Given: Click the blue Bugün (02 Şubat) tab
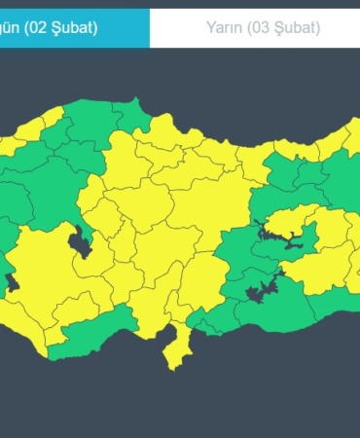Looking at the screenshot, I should (74, 27).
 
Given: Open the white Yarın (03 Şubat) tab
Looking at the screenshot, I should (255, 27).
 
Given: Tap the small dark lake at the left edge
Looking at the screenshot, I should (13, 283).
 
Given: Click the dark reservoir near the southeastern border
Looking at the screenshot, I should (261, 289).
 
